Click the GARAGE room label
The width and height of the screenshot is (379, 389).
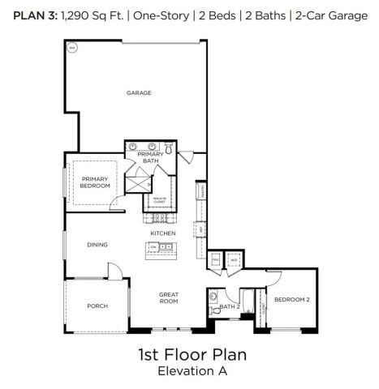[x=139, y=93]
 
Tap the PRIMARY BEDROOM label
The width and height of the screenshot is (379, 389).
[x=95, y=182]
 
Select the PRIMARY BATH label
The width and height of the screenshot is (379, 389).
[x=150, y=157]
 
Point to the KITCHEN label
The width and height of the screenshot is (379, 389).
[x=162, y=233]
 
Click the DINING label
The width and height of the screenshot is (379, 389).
[x=97, y=244]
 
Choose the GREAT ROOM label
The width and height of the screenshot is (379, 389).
[x=168, y=297]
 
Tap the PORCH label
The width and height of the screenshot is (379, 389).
[x=97, y=306]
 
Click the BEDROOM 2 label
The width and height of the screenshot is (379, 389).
[x=291, y=300]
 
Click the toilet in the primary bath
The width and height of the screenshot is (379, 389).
[x=170, y=149]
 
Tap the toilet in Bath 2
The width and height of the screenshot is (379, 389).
[x=214, y=308]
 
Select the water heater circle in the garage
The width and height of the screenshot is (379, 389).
[x=71, y=49]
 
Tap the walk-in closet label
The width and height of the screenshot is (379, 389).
[x=160, y=199]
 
